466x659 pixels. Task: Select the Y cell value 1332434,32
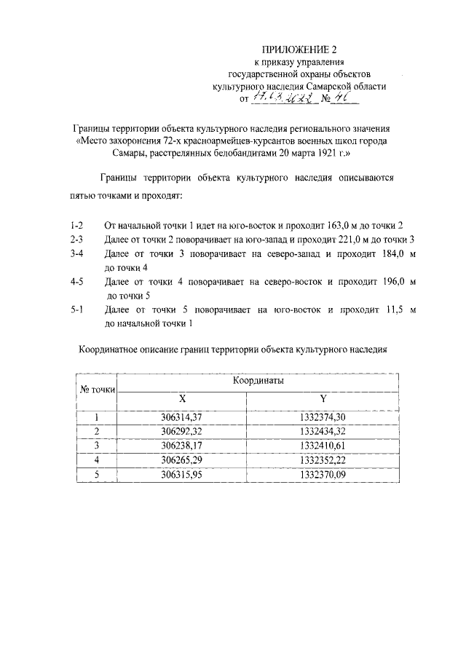(x=323, y=432)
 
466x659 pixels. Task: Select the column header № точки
(x=97, y=389)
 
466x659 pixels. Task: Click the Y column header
(x=323, y=399)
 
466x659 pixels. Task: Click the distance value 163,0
(x=354, y=226)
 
